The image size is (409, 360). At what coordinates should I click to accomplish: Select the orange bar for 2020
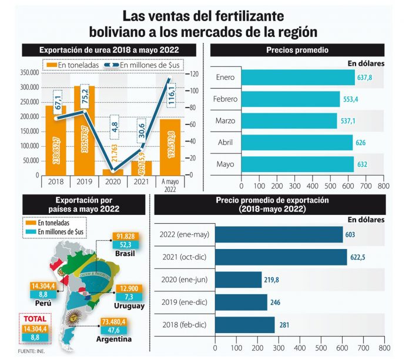[x=109, y=172]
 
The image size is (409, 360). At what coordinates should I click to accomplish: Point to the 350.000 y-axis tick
[x=29, y=73]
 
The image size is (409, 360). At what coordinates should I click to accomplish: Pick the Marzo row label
[x=226, y=121]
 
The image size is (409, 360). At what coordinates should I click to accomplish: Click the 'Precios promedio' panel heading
[x=297, y=51]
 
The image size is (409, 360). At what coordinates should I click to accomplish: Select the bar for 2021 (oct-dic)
[x=281, y=257]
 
